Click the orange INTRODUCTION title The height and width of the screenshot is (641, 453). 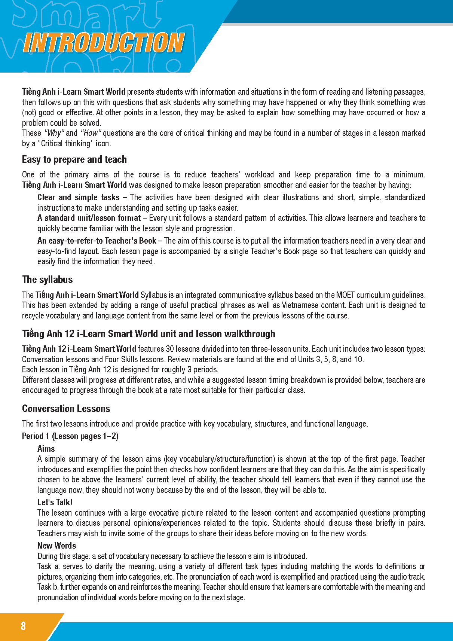[x=104, y=43]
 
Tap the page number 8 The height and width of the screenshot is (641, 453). [x=23, y=626]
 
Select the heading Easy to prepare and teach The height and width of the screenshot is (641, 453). [x=74, y=160]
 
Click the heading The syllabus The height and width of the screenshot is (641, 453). [x=47, y=280]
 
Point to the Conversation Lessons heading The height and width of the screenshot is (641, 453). [x=66, y=409]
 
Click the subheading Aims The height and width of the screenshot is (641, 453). [x=46, y=449]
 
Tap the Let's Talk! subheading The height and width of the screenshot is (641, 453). [x=55, y=502]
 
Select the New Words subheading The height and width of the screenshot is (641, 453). [x=56, y=546]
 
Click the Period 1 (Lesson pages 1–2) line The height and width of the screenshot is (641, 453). [x=70, y=436]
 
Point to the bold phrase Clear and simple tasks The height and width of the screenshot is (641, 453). [x=78, y=198]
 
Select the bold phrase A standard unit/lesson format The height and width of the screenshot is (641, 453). [x=89, y=218]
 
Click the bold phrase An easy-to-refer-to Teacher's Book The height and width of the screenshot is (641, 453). [x=97, y=241]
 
